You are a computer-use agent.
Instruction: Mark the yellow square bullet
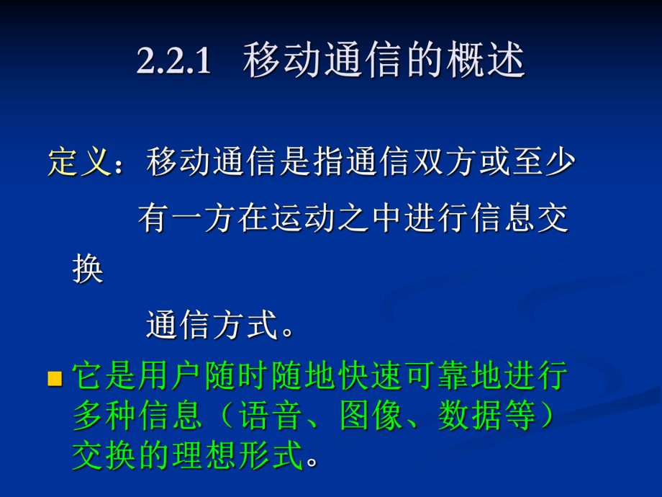point(55,379)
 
